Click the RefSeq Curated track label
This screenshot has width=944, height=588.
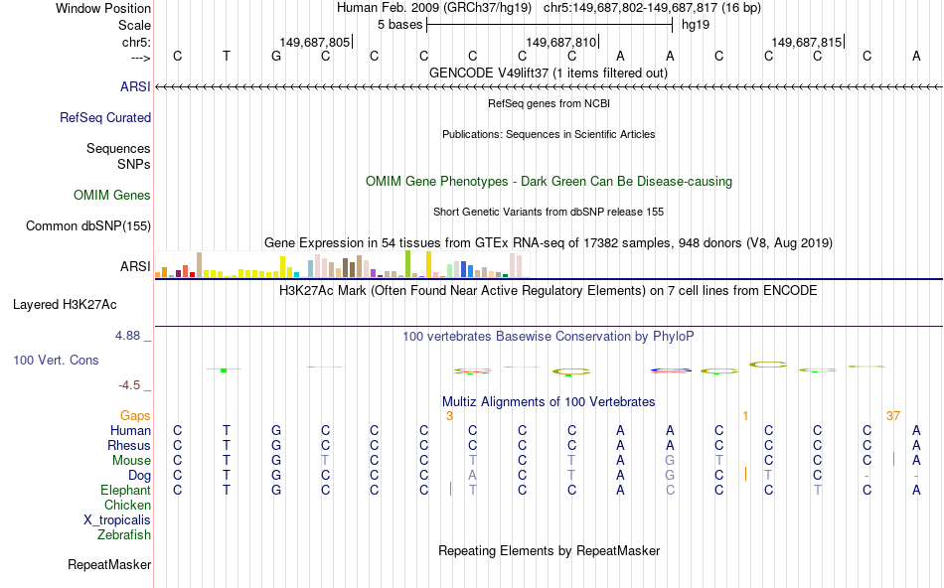pos(105,117)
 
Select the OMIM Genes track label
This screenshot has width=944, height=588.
pos(112,195)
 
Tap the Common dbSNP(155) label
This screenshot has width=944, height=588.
pos(87,225)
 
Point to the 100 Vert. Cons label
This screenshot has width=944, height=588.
pos(57,360)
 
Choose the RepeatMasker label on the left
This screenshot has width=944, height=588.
pos(109,565)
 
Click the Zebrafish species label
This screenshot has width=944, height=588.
pos(124,535)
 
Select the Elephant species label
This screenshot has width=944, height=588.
pos(125,491)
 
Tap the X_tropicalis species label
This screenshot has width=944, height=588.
pos(117,520)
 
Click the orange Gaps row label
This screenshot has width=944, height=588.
pos(135,415)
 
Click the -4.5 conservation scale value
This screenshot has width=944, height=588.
pos(133,385)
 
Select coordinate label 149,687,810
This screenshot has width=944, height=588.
pos(561,43)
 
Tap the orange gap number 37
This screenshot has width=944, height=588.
pos(892,415)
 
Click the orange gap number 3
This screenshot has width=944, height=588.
pos(449,415)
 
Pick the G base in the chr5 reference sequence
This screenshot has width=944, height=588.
pos(276,56)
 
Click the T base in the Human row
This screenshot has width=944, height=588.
pos(227,431)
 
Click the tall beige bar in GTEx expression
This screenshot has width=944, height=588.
pos(199,264)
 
